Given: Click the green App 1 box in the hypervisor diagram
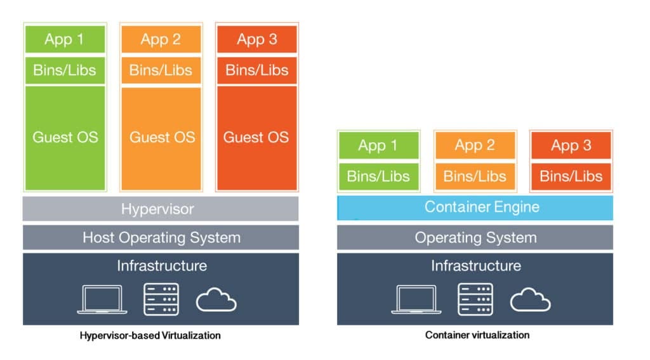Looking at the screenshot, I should pos(65,39).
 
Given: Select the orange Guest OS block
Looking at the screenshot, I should pos(161,138).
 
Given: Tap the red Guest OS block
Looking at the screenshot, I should pos(256,138).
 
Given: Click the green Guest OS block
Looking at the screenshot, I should pos(65,138).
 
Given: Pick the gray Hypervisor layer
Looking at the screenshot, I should pos(161,209).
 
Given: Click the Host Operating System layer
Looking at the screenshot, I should pos(161,238).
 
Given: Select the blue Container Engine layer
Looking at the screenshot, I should pos(475,207).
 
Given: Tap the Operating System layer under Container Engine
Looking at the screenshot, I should pos(475,238).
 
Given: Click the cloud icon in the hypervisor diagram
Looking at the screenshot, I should pos(216,300).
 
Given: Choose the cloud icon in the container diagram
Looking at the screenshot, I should pos(530,300).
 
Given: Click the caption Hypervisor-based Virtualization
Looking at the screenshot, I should pos(150,335).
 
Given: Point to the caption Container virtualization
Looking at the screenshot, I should pos(477,335).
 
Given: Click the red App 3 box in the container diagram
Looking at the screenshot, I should pos(571,146).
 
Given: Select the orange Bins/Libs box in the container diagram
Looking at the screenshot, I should pos(475,176).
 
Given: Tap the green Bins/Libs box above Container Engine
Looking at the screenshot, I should pos(378,176).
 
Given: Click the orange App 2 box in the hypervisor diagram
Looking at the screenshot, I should pos(161,39).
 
